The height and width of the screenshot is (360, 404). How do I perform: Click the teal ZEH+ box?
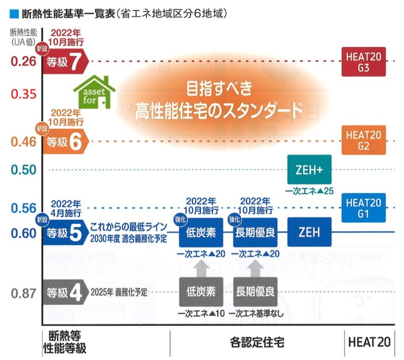(309, 170)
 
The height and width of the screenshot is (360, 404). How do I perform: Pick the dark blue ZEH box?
(309, 232)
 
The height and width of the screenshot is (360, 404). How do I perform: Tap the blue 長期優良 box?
(255, 232)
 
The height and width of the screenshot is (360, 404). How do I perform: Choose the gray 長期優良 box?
(255, 291)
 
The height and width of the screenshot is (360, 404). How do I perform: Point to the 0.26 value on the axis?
(24, 62)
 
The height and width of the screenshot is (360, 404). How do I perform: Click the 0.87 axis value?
(24, 293)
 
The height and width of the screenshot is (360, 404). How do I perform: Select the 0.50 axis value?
(24, 169)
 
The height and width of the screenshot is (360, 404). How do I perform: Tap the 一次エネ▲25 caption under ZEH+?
(309, 190)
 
